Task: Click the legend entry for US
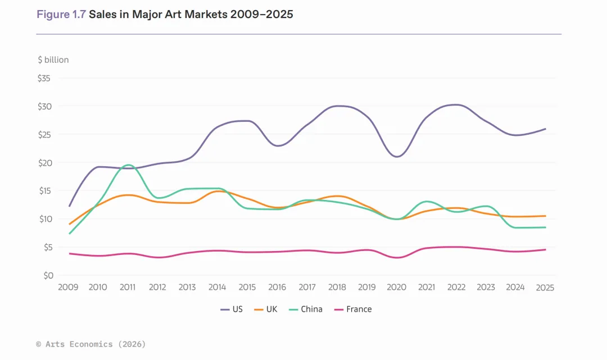coord(232,309)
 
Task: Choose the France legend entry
coord(352,309)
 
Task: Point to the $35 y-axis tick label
coord(44,79)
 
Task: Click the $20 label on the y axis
coord(44,163)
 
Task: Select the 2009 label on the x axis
coord(68,288)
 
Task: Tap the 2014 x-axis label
coord(217,288)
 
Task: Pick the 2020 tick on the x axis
coord(396,288)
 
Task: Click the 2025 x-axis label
coord(545,288)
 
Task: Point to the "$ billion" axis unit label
coord(53,60)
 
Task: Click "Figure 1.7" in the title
coord(61,15)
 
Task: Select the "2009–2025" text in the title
coord(261,15)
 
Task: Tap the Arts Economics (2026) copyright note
coord(90,344)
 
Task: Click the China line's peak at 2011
coord(128,165)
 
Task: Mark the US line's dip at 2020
coord(397,157)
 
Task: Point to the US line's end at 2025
coord(545,129)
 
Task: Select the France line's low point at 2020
coord(397,258)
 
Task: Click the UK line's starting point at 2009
coord(69,224)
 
